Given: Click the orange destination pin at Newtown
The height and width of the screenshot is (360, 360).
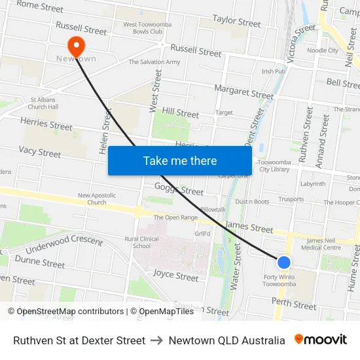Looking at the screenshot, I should pos(77,46).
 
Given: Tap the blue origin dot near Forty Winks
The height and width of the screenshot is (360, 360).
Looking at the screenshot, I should pos(283,262).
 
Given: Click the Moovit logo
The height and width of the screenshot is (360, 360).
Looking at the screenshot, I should pos(321,340).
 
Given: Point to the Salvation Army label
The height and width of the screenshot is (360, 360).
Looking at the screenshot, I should pos(154,62).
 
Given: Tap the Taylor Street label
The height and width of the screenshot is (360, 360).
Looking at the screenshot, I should pos(236,22).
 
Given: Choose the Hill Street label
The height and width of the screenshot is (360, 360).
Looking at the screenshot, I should pos(180,113).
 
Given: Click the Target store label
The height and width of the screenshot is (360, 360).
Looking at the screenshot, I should pos(224,113).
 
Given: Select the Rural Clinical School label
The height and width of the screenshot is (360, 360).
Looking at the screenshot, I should pos(146,242).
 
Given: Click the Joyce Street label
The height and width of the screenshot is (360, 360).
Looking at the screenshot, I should pos(175,276).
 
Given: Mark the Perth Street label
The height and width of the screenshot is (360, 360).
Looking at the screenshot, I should pos(294,304).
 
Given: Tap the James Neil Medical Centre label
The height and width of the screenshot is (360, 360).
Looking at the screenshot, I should pos(323,244).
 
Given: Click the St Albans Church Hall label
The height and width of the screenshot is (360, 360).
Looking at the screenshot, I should pos(43,104).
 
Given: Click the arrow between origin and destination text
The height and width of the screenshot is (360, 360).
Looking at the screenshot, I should pos(157,340).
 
